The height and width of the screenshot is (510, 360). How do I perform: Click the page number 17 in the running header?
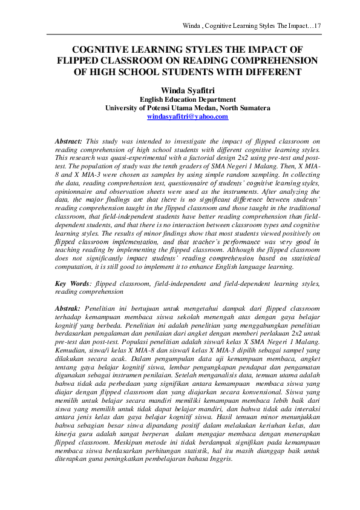pyautogui.click(x=316, y=26)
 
